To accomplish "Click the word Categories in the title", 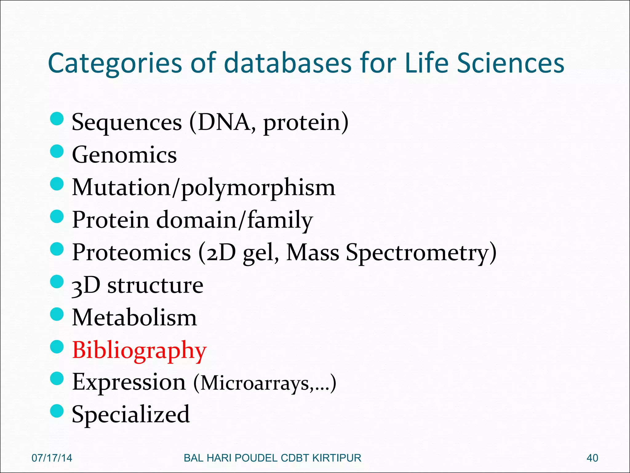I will tap(115, 63).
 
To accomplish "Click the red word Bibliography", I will tap(139, 350).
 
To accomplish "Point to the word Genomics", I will tap(124, 155).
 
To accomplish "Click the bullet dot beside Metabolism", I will tap(57, 314).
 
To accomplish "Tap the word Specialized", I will tap(131, 414).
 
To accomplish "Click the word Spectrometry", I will tap(421, 253).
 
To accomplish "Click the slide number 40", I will tap(592, 458).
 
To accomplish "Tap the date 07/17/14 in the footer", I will tap(52, 458).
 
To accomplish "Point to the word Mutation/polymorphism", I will tap(203, 188).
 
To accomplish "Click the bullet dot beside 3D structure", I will tap(57, 281).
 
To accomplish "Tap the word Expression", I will tap(129, 382).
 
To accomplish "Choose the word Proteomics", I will tap(131, 253).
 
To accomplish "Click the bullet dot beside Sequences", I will tap(57, 119).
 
